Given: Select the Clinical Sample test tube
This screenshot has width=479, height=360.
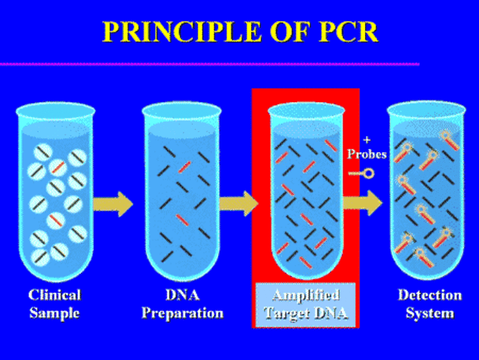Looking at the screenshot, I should [x=56, y=195].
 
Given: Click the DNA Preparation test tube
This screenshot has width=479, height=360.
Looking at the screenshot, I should [x=181, y=195].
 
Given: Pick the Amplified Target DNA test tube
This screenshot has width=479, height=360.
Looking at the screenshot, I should [x=306, y=195].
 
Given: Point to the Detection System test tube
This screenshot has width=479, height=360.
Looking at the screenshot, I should [x=426, y=195].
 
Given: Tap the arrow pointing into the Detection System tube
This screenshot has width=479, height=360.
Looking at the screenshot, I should [x=363, y=202].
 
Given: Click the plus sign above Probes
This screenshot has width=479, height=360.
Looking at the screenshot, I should [x=367, y=140].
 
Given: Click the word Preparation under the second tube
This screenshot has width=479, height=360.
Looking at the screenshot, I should [x=182, y=313].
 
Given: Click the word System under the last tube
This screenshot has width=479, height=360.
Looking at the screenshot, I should [x=426, y=313].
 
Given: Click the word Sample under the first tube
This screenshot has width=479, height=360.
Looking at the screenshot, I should [x=54, y=313].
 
